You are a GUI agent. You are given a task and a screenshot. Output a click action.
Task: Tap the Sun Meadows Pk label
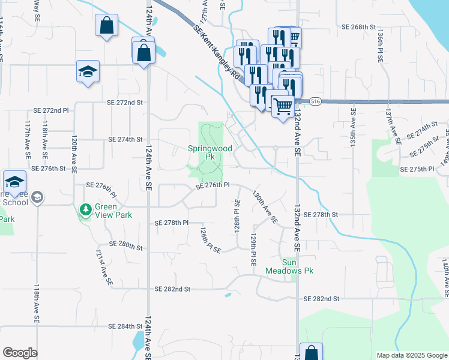pos(290,266)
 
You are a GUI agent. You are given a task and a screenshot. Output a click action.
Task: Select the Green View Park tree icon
pos(86,210)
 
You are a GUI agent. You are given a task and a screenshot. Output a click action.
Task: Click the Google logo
pos(20,353)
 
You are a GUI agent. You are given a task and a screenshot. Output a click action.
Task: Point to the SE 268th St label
pos(358,28)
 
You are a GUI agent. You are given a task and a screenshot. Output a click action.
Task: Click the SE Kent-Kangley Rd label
pos(217,53)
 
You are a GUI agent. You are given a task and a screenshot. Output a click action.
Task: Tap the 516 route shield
pos(316,102)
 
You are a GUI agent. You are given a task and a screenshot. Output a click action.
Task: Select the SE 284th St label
pos(125,326)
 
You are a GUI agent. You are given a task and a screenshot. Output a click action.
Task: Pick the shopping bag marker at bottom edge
pos(311,353)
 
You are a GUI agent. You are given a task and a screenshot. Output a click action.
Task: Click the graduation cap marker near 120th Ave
pos(88,72)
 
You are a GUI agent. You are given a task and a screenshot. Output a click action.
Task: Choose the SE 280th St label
pos(126,245)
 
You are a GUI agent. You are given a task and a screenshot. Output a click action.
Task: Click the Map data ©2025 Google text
pos(411,355)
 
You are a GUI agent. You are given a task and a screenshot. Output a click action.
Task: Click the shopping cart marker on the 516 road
pos(283,107)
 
